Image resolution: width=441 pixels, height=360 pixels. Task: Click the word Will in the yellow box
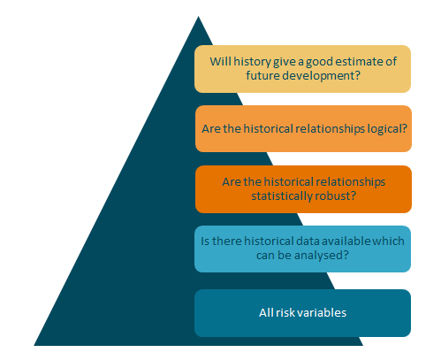pyautogui.click(x=220, y=62)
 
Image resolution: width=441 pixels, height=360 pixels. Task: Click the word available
pyautogui.click(x=346, y=241)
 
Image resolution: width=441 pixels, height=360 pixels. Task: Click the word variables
pyautogui.click(x=318, y=313)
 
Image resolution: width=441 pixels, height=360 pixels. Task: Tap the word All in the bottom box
pyautogui.click(x=266, y=313)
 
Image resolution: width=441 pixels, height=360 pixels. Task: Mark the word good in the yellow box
pyautogui.click(x=319, y=62)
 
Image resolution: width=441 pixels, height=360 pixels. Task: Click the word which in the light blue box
pyautogui.click(x=388, y=241)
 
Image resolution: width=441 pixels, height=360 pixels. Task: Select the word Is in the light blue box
pyautogui.click(x=205, y=241)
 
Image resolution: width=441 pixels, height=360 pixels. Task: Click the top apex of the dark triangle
pyautogui.click(x=198, y=16)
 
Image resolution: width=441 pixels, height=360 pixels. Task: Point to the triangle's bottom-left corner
pyautogui.click(x=34, y=346)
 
